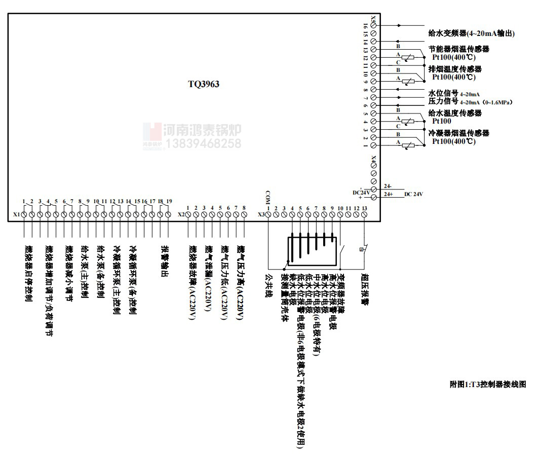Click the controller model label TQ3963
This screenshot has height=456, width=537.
pyautogui.click(x=204, y=84)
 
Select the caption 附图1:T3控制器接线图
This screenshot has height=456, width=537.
pyautogui.click(x=488, y=385)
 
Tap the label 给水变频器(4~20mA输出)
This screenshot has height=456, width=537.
pyautogui.click(x=471, y=34)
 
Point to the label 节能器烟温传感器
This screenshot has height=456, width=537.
pyautogui.click(x=458, y=49)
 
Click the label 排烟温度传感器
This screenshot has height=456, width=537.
pyautogui.click(x=454, y=69)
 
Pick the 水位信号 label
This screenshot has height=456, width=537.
pyautogui.click(x=443, y=94)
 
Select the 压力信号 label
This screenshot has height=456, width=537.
pyautogui.click(x=443, y=102)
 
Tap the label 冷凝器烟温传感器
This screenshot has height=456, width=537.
pyautogui.click(x=458, y=133)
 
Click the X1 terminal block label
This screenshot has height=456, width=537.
pyautogui.click(x=16, y=215)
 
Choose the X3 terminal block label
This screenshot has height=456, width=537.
pyautogui.click(x=261, y=215)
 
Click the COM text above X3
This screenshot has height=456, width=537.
pyautogui.click(x=269, y=194)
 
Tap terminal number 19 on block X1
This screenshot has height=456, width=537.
pyautogui.click(x=169, y=202)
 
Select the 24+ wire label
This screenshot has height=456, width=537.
pyautogui.click(x=389, y=194)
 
